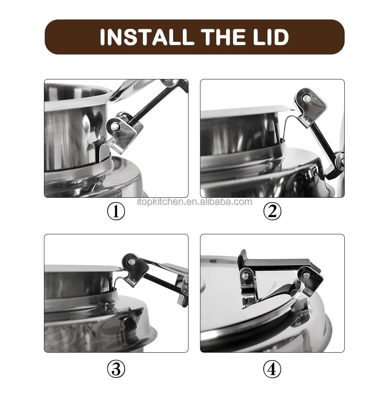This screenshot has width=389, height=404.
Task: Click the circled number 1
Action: (x=116, y=211)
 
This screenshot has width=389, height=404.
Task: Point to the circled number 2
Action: (x=272, y=211)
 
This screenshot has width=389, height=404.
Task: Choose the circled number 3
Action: (x=116, y=369)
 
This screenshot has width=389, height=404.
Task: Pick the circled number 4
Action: (x=272, y=369)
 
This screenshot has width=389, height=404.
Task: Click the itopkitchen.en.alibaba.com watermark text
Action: (x=194, y=202)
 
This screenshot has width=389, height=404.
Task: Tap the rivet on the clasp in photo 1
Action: (x=116, y=126)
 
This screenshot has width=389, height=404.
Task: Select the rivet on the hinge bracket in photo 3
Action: (x=132, y=262)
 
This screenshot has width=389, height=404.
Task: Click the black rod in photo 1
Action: (x=152, y=103)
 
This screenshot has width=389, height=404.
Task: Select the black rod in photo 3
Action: (x=163, y=282)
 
